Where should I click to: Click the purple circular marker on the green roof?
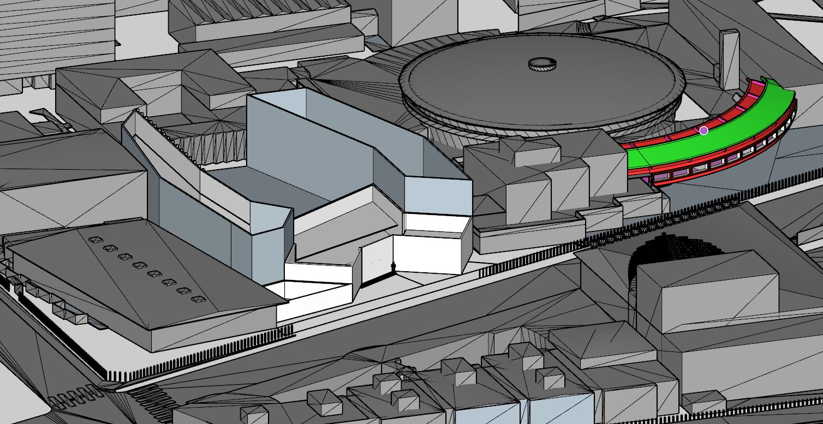[x=703, y=130]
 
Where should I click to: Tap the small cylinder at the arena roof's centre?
[x=542, y=64]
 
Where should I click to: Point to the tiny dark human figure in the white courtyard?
[x=395, y=267]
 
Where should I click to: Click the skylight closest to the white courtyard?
[x=198, y=299]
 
